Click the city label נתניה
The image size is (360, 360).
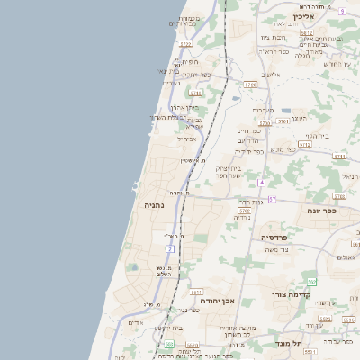[x=154, y=205]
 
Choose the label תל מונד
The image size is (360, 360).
[x=284, y=344]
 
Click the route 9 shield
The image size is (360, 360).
[x=343, y=11]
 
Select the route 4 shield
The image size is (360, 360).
[x=261, y=183]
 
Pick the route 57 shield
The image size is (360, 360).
[x=272, y=199]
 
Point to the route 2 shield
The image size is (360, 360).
[x=169, y=248]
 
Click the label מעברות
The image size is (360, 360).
[x=250, y=110]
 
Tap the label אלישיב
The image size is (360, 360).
[x=270, y=75]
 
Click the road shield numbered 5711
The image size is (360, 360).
[x=339, y=156]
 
